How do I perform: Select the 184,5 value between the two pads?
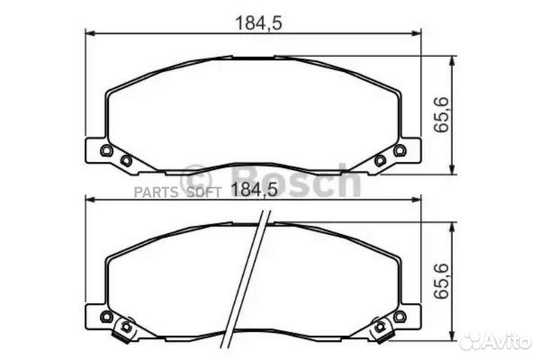pos(254,190)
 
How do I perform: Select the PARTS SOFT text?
pos(177,191)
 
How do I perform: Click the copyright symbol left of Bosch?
pos(198,180)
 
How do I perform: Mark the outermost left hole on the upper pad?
pos(106,151)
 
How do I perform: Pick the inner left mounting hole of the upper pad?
pos(126,160)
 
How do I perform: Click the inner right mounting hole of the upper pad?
pos(379,160)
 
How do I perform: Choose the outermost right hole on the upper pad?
pos(399,151)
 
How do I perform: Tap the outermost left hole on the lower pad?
pos(106,316)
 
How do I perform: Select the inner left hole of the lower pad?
pos(126,326)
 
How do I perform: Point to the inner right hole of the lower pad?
pos(379,326)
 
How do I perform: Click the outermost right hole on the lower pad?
pos(399,316)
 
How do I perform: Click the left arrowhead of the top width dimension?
pos(88,32)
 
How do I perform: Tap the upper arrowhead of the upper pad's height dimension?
pos(451,60)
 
